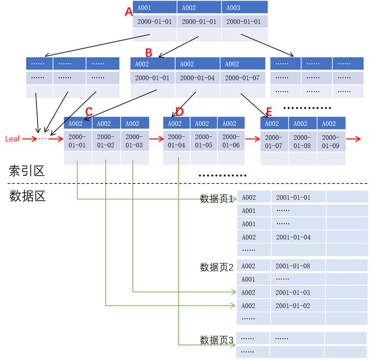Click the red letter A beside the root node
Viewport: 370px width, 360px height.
tap(129, 12)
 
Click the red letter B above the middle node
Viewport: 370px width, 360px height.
tap(149, 53)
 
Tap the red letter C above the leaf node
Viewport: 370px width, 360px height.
tap(88, 112)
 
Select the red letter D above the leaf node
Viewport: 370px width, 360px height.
tap(179, 112)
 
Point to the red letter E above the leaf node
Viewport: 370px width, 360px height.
tap(268, 112)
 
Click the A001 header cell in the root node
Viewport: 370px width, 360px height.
tap(155, 8)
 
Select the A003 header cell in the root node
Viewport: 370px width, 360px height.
tap(245, 8)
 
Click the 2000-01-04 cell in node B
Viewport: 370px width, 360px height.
tap(197, 77)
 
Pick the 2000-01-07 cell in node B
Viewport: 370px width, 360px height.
tap(242, 77)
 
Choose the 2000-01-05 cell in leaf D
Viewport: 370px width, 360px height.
tap(203, 141)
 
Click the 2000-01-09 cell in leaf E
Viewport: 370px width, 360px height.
tap(331, 141)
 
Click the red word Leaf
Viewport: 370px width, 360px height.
tap(13, 139)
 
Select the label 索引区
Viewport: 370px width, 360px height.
tap(26, 170)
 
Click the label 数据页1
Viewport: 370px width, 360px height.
tap(216, 199)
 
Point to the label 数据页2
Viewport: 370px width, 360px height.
tap(216, 267)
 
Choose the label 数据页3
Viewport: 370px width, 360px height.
tap(216, 339)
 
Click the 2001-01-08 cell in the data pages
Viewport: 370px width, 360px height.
tap(293, 266)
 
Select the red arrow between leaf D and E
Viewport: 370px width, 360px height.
tap(252, 139)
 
